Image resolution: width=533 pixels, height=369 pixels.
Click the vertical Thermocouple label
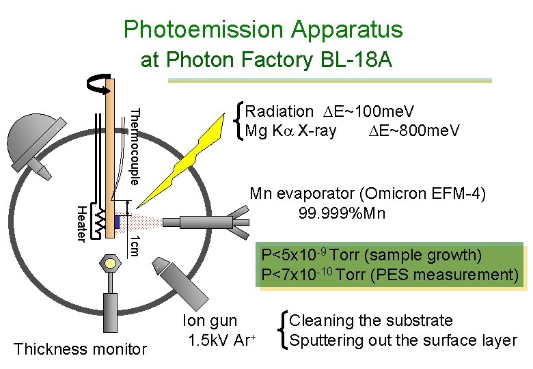click(x=135, y=146)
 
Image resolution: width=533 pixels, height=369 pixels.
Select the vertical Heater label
click(x=81, y=223)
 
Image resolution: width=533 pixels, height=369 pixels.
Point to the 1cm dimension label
click(x=135, y=246)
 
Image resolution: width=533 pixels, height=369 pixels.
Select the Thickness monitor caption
click(x=80, y=349)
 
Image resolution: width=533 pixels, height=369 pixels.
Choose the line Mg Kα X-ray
click(x=290, y=131)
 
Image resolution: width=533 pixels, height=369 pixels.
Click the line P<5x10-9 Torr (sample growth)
click(x=372, y=256)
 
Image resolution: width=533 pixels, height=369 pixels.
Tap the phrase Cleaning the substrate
click(x=371, y=320)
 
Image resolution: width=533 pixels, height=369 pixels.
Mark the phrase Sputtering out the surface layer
click(x=403, y=340)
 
